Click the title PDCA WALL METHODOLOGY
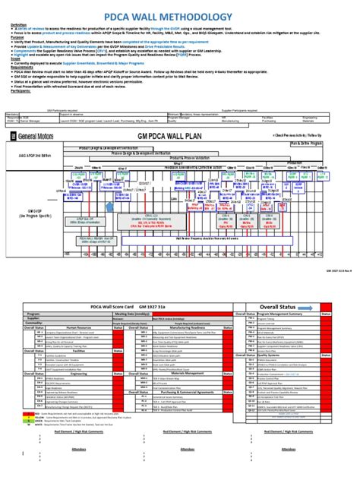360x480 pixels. coord(179,16)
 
